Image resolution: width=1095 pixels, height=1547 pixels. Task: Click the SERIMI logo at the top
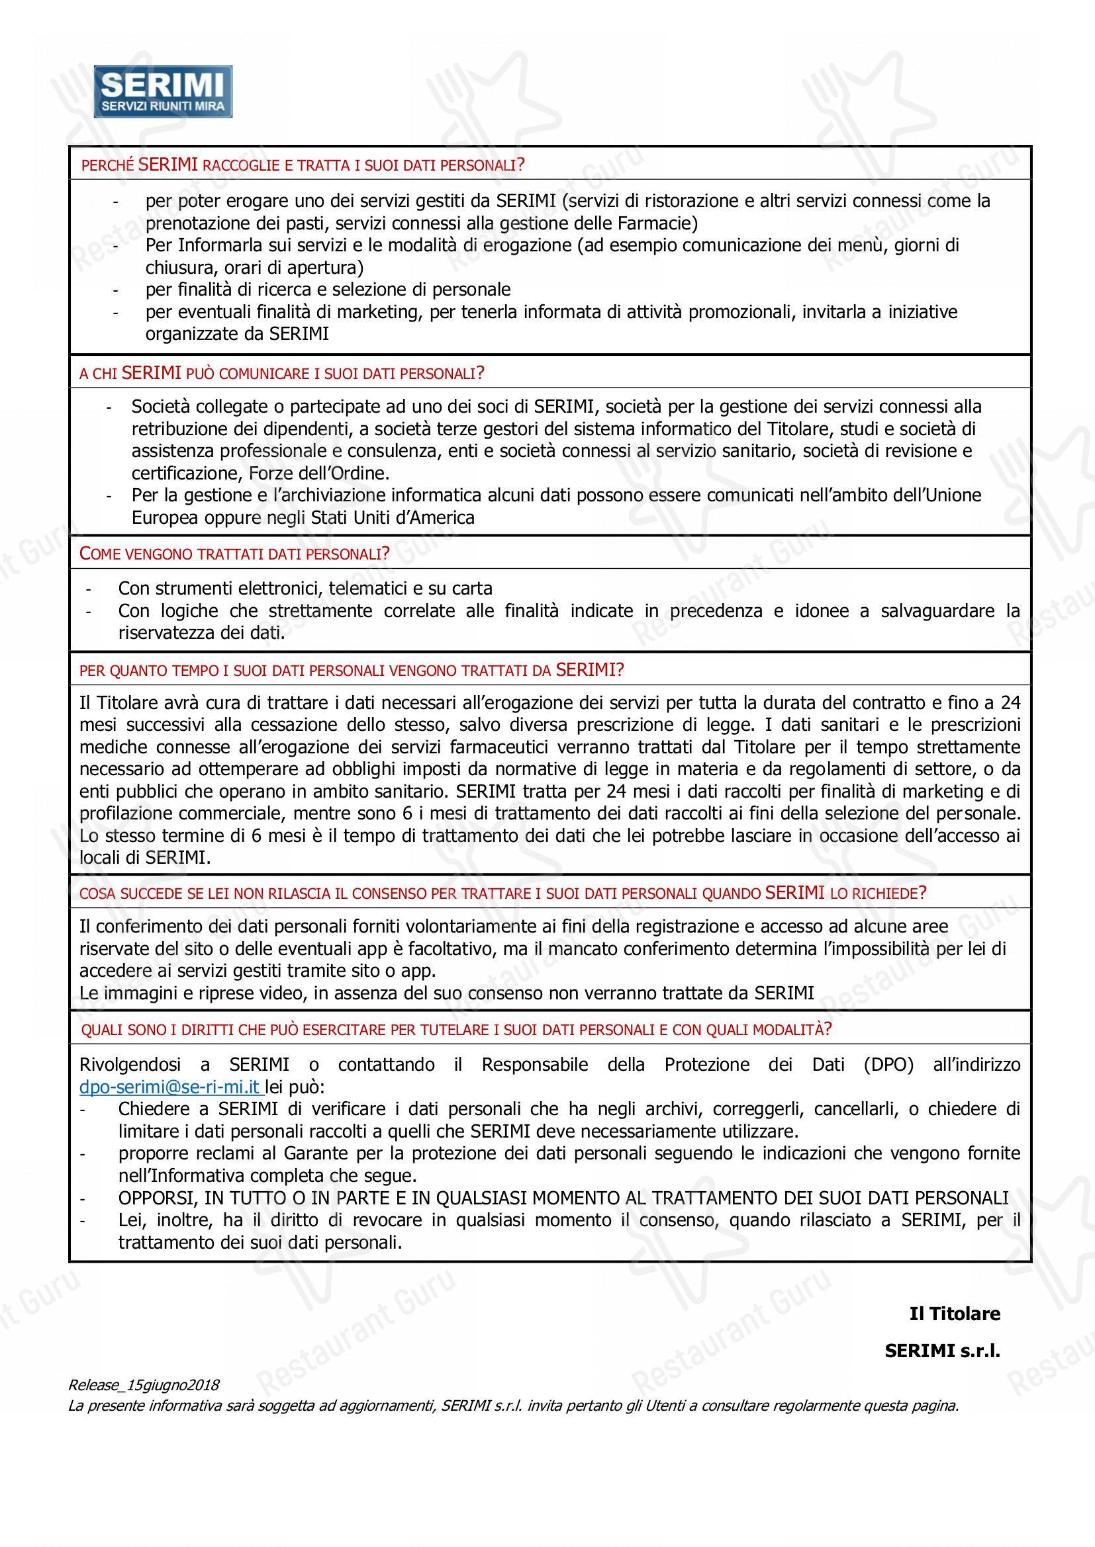pos(163,92)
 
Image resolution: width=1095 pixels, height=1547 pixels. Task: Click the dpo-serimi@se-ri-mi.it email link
pos(170,1087)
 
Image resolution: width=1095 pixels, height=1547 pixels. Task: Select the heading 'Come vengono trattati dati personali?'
pos(234,554)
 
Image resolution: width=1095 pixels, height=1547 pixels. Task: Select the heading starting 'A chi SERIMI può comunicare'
pos(282,372)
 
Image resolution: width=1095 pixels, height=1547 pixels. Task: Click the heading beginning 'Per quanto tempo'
pos(352,670)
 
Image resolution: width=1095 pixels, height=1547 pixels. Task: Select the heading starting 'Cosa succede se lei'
pos(502,893)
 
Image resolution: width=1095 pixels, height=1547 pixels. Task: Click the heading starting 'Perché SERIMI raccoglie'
pos(303,165)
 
